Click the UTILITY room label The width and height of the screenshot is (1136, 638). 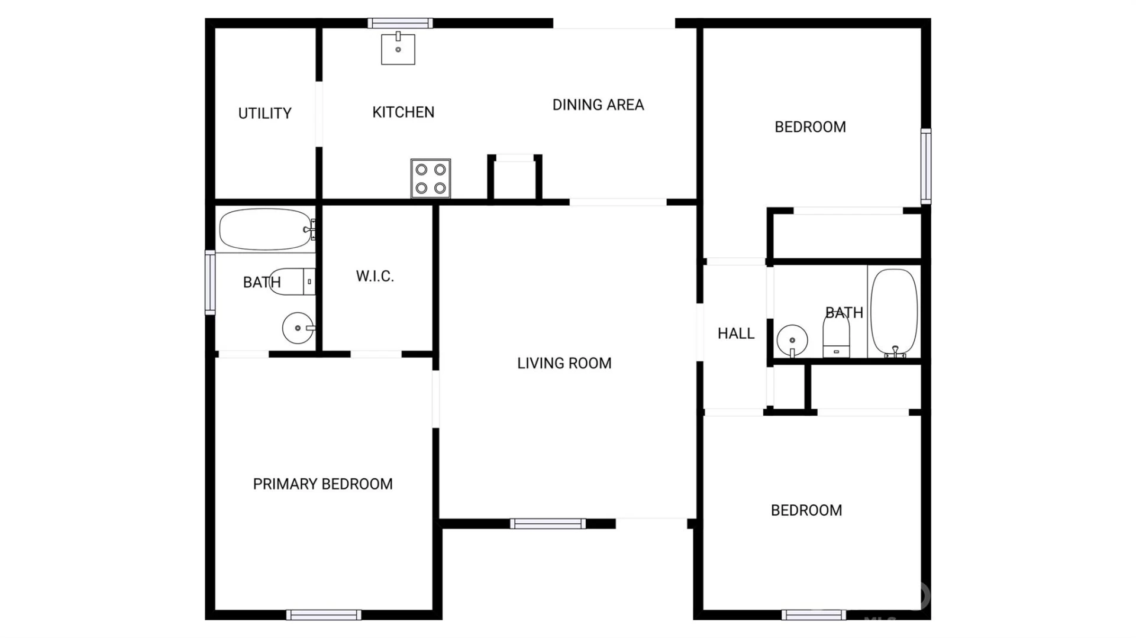click(264, 113)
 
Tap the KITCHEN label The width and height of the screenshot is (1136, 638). click(403, 112)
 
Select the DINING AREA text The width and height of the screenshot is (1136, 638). click(598, 105)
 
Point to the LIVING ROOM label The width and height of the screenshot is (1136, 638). click(564, 363)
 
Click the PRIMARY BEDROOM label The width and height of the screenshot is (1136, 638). click(322, 484)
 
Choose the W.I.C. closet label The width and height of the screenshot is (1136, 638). click(375, 276)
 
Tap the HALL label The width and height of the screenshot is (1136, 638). click(736, 333)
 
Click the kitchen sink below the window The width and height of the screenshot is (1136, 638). click(398, 48)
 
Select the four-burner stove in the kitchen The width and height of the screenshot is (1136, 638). click(431, 178)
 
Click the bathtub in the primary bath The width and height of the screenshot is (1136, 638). click(267, 229)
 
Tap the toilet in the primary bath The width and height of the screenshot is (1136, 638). click(292, 281)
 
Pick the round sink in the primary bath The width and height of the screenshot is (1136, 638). click(298, 328)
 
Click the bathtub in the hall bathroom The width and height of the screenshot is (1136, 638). click(895, 313)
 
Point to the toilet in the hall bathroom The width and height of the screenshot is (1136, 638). click(836, 336)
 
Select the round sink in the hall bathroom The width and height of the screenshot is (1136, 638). click(792, 341)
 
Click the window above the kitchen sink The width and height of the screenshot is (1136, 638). click(400, 24)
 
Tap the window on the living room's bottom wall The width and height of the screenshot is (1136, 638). click(548, 524)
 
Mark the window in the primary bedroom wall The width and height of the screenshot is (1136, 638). click(324, 615)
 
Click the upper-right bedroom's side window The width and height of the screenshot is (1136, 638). click(926, 166)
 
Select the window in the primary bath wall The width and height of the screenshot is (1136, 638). click(210, 283)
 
